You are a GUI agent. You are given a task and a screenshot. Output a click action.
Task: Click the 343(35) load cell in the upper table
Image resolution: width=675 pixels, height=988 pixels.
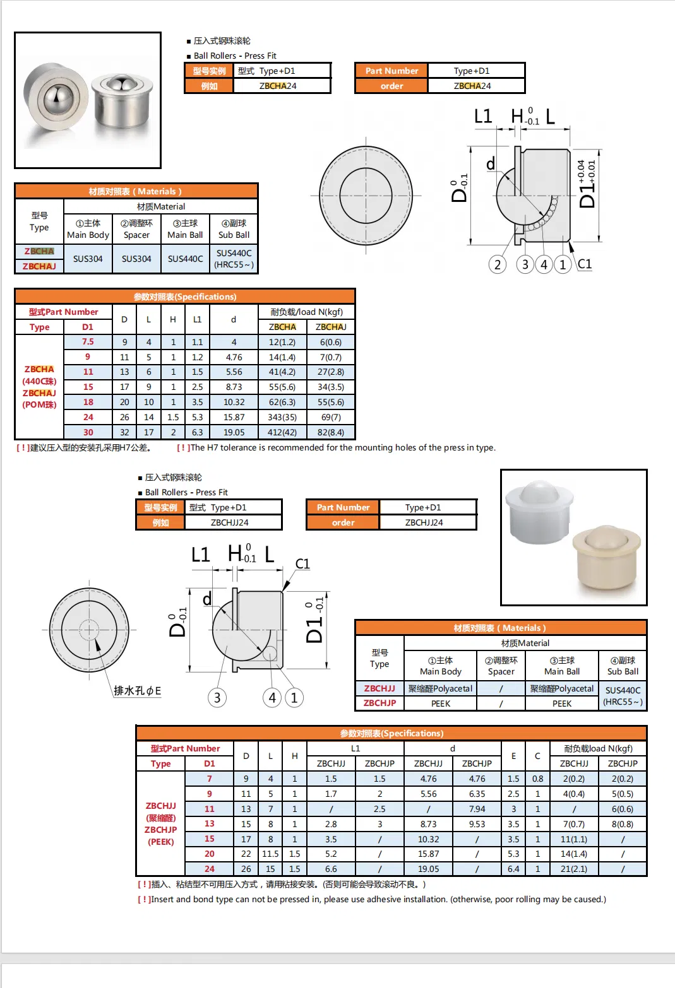[282, 417]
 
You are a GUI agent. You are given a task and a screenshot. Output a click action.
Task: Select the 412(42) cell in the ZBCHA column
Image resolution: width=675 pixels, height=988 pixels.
[282, 432]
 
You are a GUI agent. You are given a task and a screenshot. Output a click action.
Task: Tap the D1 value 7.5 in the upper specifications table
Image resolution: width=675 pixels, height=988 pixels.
[88, 341]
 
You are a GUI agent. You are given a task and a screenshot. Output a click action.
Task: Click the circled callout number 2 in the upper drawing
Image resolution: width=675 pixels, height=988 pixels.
[498, 264]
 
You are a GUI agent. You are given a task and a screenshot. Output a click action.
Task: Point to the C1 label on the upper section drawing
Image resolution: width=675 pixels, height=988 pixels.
[585, 264]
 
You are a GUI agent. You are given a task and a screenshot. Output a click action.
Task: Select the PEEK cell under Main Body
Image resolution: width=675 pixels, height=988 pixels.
[440, 703]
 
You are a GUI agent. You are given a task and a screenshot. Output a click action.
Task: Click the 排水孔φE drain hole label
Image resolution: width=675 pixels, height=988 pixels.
[137, 691]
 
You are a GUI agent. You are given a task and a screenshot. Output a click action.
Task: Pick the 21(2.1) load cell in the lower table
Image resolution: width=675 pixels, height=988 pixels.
[573, 869]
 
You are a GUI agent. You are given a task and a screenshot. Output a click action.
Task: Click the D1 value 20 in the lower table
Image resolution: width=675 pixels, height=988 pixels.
[209, 854]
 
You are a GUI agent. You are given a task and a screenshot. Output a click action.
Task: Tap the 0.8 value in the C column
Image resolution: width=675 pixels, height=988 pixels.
[537, 779]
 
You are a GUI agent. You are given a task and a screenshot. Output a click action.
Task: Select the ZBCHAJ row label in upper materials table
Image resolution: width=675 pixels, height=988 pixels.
[39, 266]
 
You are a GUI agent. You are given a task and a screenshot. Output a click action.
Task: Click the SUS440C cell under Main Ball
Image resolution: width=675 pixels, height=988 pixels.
[185, 259]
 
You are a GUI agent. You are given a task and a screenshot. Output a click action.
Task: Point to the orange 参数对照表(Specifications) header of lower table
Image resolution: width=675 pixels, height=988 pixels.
[391, 733]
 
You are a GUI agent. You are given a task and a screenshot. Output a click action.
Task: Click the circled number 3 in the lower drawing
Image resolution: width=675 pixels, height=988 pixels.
[217, 698]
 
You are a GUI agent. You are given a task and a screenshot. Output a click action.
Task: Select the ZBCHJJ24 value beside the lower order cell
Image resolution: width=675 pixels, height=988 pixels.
[424, 522]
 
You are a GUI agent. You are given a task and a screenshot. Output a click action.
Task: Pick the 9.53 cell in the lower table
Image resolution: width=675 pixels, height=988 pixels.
[477, 824]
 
